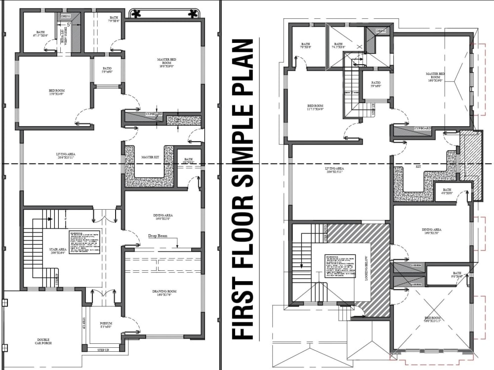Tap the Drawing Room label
pos(164,293)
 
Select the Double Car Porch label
pos(43,342)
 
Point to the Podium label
pos(106,324)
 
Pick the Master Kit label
pos(150,157)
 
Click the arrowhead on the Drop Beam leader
pos(177,246)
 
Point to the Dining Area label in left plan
pos(163,217)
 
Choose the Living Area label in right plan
pos(334,170)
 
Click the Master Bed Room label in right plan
pos(435,77)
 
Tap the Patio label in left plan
pos(107,70)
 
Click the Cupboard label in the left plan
pos(154,114)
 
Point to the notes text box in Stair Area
pos(84,242)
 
